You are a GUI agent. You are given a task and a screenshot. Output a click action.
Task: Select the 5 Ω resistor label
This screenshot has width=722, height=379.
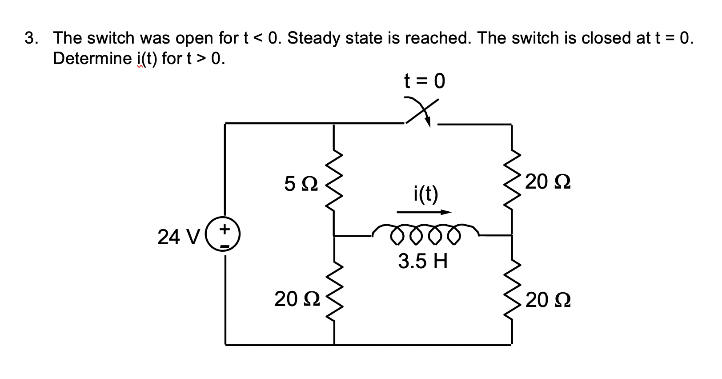301,184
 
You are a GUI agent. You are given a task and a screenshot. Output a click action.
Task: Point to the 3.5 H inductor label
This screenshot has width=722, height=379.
423,261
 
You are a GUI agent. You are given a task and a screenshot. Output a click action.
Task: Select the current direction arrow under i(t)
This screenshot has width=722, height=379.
424,212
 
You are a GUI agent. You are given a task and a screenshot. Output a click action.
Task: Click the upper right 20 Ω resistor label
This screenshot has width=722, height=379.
548,181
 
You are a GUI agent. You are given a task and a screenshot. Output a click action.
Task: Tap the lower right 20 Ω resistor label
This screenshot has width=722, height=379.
548,300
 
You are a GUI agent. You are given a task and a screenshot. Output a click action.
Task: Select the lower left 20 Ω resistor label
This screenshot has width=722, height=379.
297,299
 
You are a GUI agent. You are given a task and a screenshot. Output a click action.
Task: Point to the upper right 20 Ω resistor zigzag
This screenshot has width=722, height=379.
512,180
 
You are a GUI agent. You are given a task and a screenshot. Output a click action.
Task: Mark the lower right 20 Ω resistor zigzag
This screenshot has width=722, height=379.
512,292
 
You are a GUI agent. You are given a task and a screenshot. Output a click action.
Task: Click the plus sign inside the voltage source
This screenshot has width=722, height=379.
225,230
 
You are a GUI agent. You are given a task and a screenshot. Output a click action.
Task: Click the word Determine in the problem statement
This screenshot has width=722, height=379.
92,58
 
